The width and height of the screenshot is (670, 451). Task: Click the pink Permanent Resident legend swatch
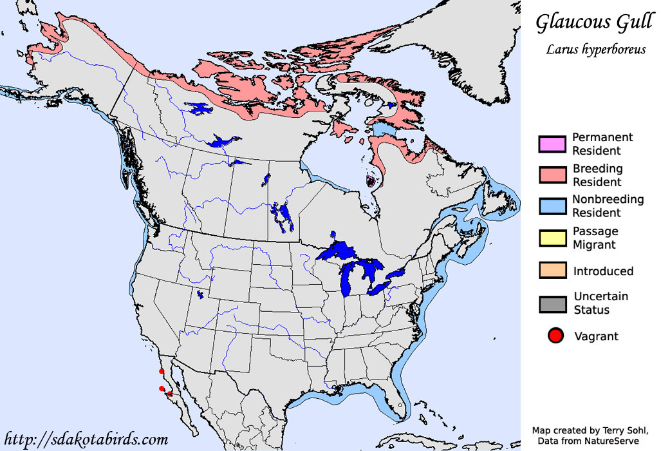pos(552,144)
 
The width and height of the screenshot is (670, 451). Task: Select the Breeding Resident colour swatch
pos(552,175)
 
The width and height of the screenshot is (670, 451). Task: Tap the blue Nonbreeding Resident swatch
pos(552,206)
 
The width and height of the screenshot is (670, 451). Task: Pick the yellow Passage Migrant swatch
pos(552,237)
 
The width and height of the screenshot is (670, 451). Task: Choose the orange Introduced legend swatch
pos(552,271)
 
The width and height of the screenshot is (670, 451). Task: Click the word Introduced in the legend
pos(603,271)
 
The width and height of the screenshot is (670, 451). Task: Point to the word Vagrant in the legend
pos(595,336)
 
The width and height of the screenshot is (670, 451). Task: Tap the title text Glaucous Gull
pos(594,23)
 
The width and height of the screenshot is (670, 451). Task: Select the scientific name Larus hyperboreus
pos(595,49)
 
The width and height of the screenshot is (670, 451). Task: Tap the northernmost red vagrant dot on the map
pos(161,372)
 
